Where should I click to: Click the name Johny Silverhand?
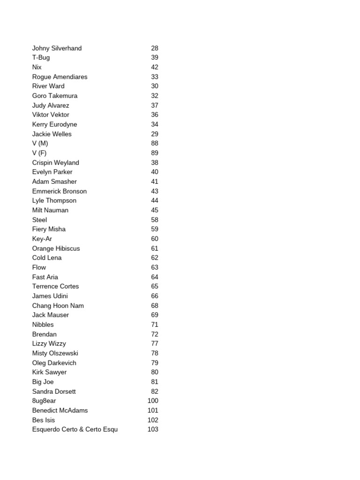[x=57, y=48]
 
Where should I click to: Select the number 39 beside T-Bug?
[x=155, y=58]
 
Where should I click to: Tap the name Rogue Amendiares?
[x=60, y=77]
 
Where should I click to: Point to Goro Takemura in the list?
[x=55, y=96]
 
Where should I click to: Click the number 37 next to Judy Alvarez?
[x=155, y=105]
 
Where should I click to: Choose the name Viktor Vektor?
[x=51, y=115]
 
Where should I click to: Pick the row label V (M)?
[x=40, y=143]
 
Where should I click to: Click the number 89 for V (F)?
[x=155, y=153]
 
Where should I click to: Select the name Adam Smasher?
[x=54, y=181]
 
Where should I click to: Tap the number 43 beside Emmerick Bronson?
[x=155, y=191]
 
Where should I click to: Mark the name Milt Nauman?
[x=50, y=210]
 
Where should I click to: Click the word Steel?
[x=39, y=220]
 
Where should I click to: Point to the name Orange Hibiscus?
[x=56, y=248]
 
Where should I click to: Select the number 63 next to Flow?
[x=155, y=267]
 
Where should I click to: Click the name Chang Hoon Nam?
[x=58, y=306]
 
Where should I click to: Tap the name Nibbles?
[x=43, y=324]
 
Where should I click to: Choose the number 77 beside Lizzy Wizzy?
[x=155, y=344]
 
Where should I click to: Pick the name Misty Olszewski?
[x=55, y=353]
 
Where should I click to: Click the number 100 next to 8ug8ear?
[x=153, y=401]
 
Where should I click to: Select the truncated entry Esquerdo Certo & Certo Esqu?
[x=75, y=429]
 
